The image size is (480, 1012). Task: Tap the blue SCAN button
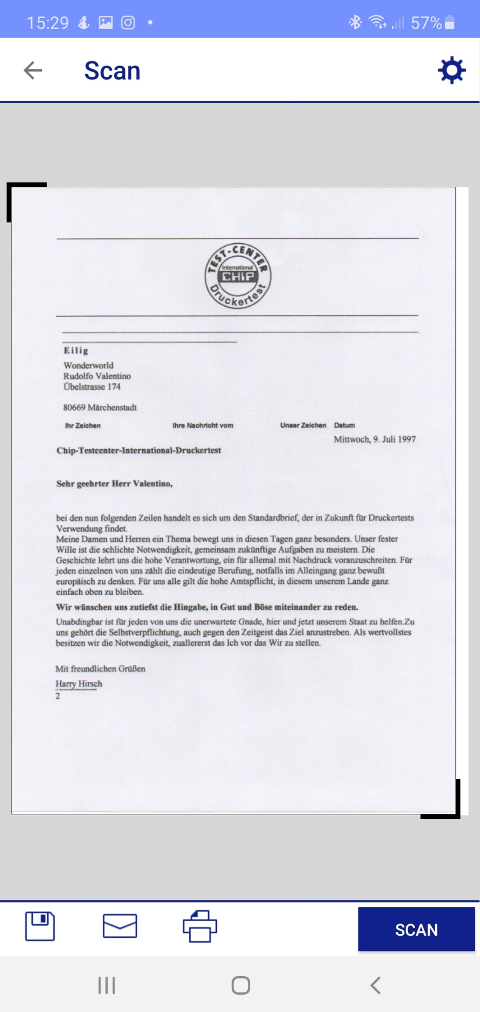(416, 929)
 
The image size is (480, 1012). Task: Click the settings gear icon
(451, 70)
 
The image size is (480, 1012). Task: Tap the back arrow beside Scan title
(33, 70)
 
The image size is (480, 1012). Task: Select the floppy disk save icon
(40, 926)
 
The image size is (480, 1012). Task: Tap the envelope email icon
(120, 926)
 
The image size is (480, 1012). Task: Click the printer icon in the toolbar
(200, 926)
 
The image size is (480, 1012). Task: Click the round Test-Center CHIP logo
(238, 276)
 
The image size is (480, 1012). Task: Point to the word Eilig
(76, 350)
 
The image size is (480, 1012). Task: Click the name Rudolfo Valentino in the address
(97, 376)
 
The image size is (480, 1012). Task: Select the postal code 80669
(74, 407)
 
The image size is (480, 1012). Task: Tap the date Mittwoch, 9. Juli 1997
(375, 439)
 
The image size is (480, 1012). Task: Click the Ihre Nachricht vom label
(203, 426)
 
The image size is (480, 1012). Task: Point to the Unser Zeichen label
(303, 426)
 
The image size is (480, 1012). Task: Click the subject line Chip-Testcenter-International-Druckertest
(139, 450)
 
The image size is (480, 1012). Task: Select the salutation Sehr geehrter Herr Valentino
(115, 484)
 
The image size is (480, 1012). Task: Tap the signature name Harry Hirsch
(79, 684)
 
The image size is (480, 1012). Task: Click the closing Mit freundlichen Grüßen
(100, 669)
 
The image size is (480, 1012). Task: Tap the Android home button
(240, 985)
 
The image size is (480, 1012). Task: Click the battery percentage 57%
(426, 23)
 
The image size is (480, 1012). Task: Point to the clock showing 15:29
(48, 23)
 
